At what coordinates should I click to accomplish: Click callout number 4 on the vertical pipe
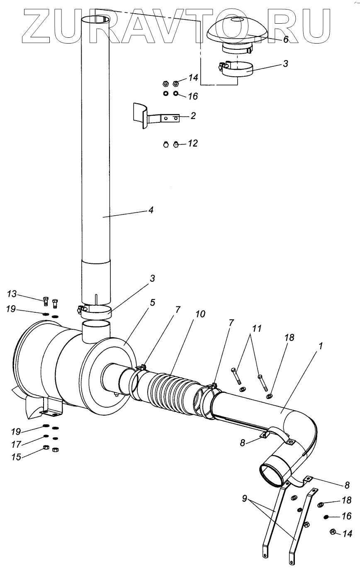(151, 210)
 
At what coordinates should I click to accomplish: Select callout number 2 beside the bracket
(193, 116)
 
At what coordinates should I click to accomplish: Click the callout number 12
(192, 143)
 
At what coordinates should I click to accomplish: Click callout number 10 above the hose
(200, 314)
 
